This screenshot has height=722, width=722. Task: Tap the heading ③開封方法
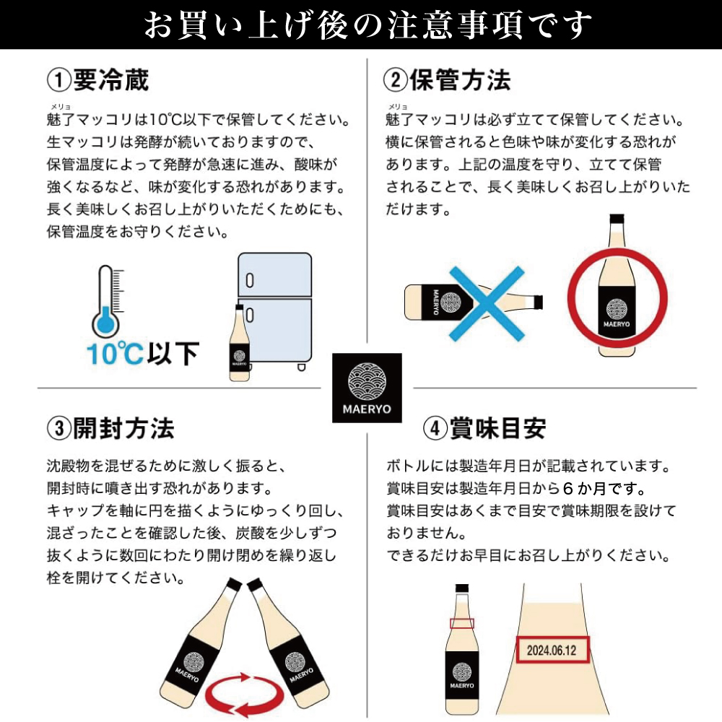tap(110, 429)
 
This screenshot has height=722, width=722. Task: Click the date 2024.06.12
tap(552, 650)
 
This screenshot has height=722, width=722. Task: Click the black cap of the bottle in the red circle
tap(617, 219)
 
